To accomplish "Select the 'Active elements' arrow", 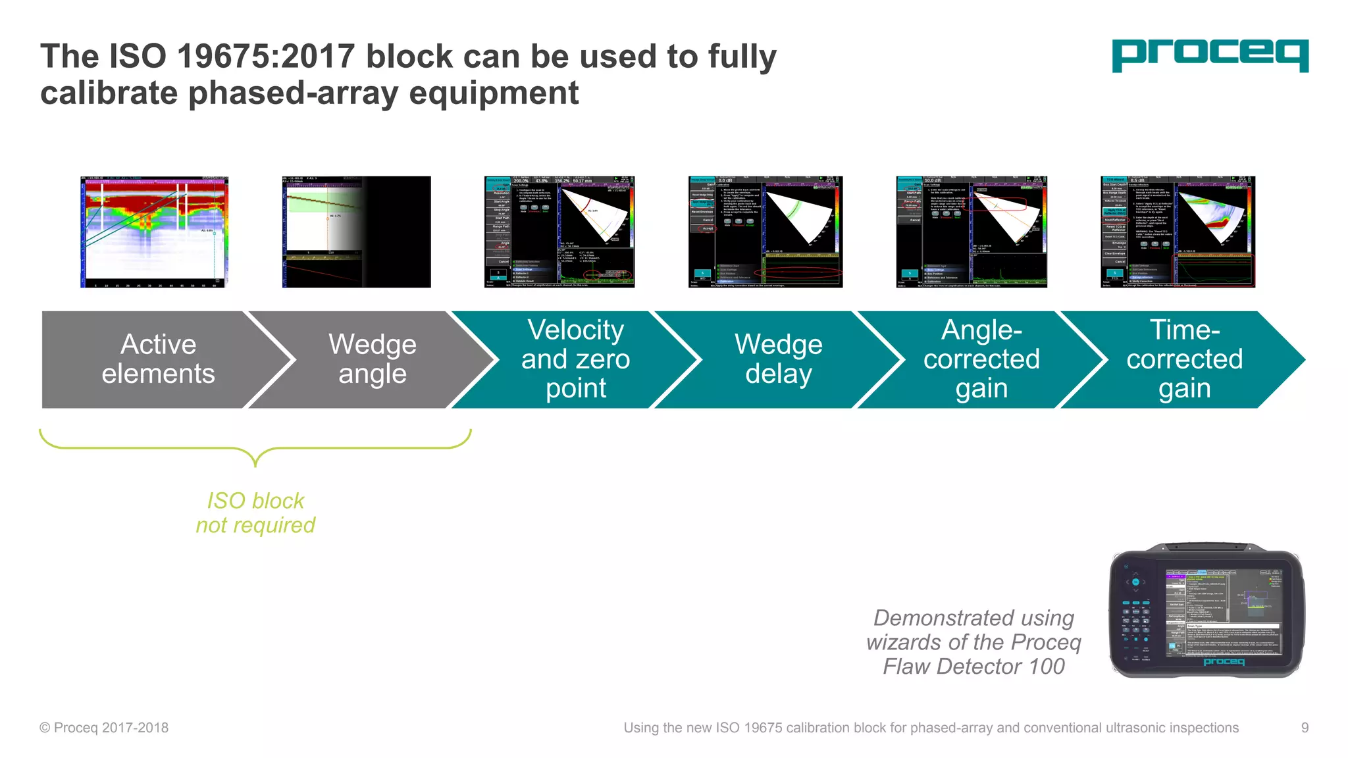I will pos(158,359).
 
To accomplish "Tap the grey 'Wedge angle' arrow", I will pos(372,359).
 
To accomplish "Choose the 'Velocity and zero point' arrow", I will pos(575,359).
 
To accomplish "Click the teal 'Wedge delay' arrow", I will pos(778,359).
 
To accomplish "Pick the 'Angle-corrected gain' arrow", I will pos(981,359).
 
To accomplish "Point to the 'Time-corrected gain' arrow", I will pos(1184,359).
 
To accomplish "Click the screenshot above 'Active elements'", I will pos(154,232).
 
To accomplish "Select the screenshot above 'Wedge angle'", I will pos(356,232).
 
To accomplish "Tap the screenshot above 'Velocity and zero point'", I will pos(559,232).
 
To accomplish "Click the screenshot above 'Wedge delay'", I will pos(765,232).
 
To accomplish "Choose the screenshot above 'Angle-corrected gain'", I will pos(972,232).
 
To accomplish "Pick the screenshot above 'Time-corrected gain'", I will pos(1178,232).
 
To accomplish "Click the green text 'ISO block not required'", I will pos(255,513).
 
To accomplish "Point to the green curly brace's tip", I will pos(255,465).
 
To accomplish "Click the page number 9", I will pos(1305,728).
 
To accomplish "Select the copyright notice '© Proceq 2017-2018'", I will pos(104,728).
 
